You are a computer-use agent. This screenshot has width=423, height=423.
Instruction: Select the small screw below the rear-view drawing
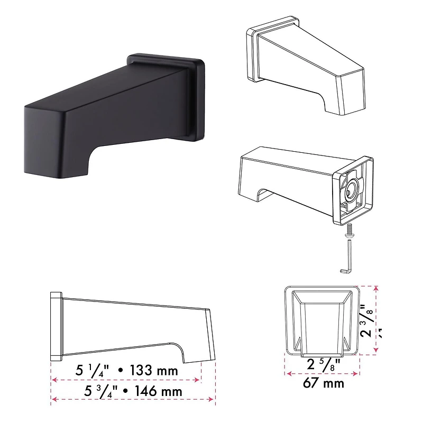(349, 231)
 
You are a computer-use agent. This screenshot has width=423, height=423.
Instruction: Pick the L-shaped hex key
(345, 259)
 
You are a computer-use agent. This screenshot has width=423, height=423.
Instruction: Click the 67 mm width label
(323, 382)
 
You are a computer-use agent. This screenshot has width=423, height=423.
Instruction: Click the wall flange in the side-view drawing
(56, 326)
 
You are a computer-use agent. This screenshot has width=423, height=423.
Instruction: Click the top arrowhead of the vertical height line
(376, 289)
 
